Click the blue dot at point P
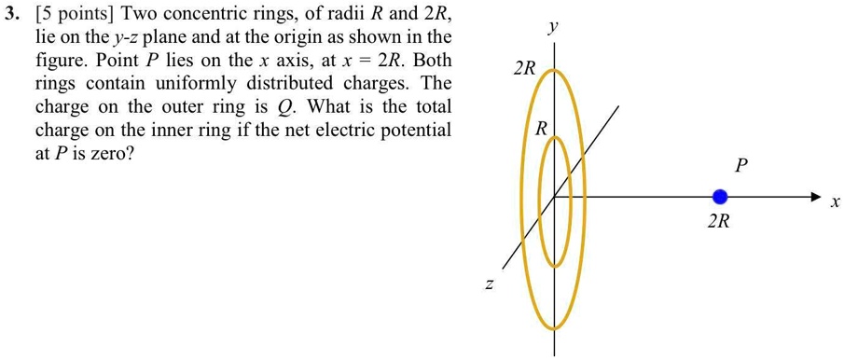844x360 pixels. pos(719,197)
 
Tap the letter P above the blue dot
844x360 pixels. pos(741,166)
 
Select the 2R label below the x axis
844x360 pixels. pos(718,223)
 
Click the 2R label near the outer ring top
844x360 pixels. pos(525,69)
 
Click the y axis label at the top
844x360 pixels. pos(554,28)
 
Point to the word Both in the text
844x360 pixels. pos(432,62)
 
